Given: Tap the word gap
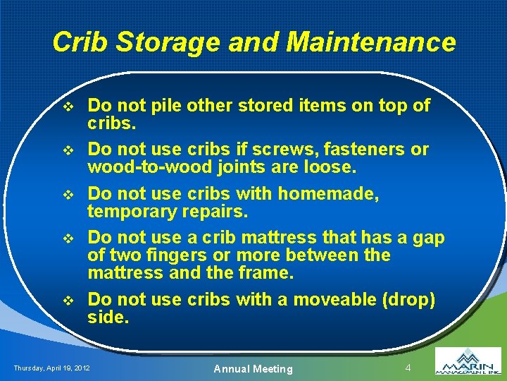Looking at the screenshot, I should click(429, 238).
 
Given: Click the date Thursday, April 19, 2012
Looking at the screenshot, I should click(51, 368).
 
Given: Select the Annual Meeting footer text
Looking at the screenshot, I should click(253, 368).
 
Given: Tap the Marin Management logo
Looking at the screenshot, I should click(468, 361).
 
